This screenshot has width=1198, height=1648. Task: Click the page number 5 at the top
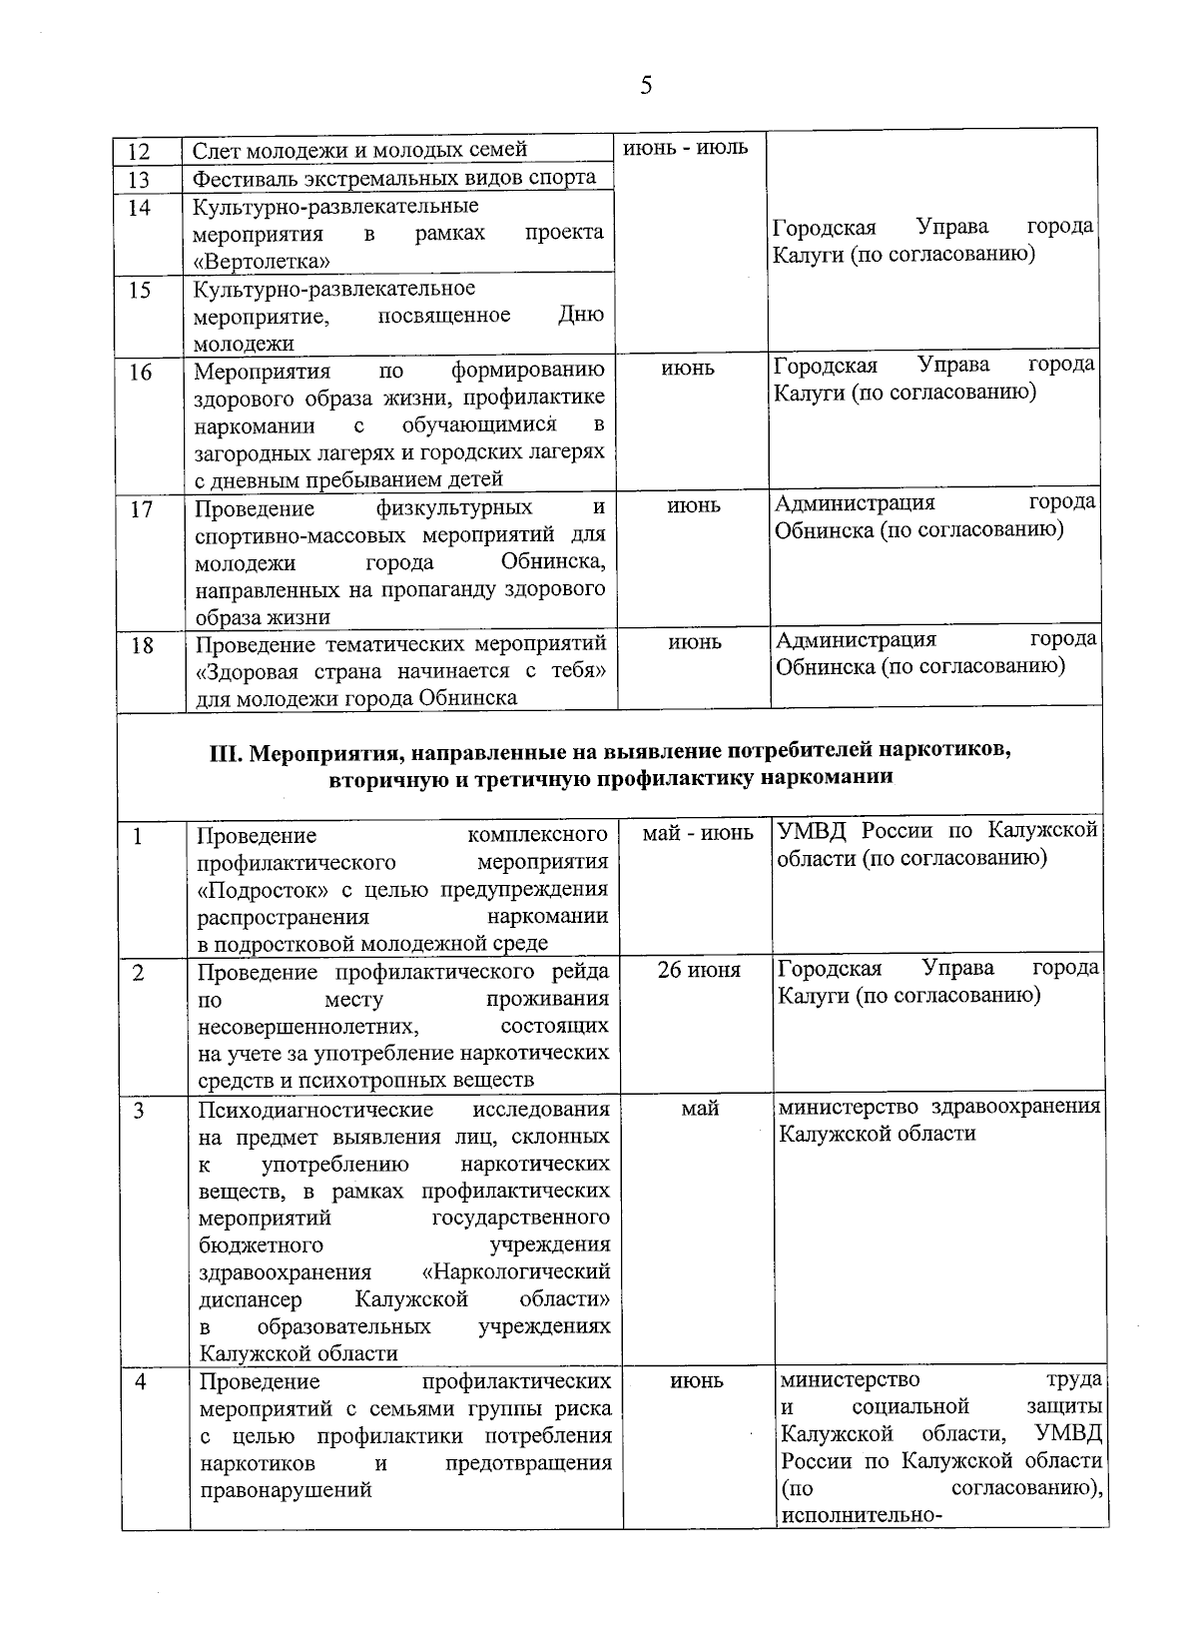[x=646, y=86]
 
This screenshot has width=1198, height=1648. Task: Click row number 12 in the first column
[x=140, y=152]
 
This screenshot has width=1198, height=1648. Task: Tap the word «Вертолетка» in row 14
[x=263, y=262]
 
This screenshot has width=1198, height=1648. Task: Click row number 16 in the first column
[x=141, y=373]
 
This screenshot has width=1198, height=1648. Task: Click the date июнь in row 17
[x=693, y=506]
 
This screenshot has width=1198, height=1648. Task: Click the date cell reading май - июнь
[x=697, y=833]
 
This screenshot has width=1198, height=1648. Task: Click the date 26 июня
[x=699, y=970]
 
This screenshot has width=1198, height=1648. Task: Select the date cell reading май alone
[x=700, y=1109]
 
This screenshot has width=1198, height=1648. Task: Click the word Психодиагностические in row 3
[x=315, y=1111]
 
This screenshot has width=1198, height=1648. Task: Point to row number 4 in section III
[x=141, y=1382]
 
